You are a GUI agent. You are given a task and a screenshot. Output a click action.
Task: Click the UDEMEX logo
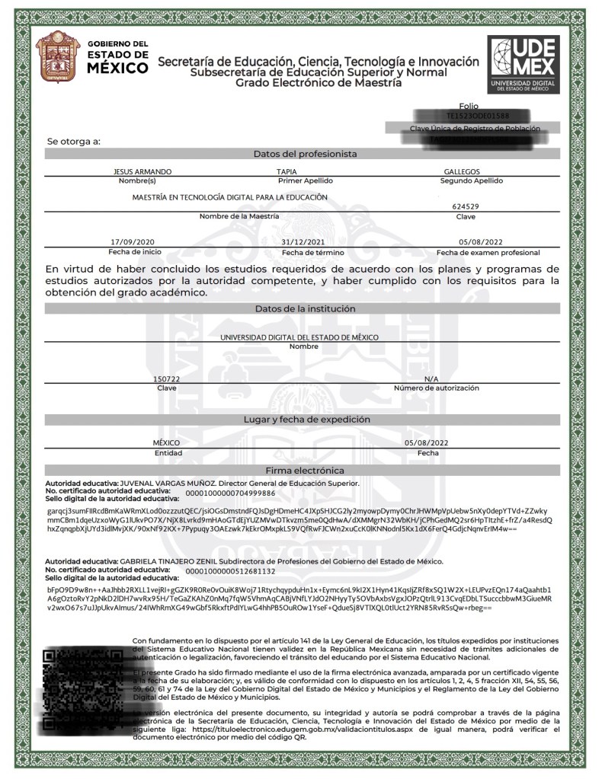click(524, 63)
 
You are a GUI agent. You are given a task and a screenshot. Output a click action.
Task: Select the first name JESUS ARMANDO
click(142, 172)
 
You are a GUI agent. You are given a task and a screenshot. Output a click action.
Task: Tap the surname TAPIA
click(287, 172)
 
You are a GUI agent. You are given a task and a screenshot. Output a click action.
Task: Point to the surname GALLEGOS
click(462, 172)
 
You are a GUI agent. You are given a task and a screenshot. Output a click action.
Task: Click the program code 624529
click(465, 206)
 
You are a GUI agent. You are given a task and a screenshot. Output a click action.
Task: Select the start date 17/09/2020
click(132, 241)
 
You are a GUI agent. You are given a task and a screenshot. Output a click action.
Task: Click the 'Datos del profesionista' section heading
click(305, 154)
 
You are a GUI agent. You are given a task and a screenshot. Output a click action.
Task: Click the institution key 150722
click(167, 378)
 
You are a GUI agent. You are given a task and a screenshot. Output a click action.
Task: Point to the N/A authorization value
click(431, 378)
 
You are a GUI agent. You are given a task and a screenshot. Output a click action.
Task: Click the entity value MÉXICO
click(166, 442)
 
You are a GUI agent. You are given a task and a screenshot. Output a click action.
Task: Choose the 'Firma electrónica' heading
click(305, 471)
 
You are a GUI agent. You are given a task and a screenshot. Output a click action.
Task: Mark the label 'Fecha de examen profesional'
click(488, 252)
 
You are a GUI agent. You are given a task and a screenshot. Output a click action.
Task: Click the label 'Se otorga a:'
click(74, 141)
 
